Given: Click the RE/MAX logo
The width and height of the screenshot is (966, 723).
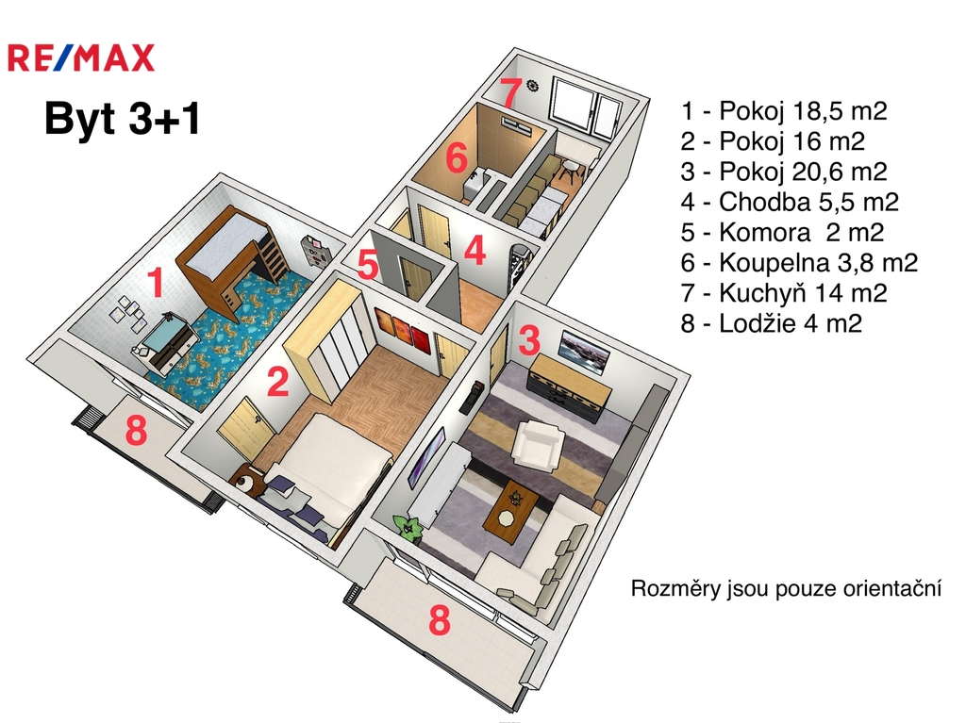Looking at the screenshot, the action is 81,58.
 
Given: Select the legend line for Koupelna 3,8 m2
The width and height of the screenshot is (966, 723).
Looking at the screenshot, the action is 799,263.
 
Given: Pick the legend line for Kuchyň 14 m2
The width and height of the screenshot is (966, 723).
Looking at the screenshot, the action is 784,293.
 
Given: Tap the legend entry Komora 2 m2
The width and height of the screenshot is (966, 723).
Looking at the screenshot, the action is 782,233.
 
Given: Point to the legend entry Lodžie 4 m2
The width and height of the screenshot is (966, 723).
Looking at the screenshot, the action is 771,323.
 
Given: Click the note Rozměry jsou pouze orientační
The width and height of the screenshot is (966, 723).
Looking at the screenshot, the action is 786,589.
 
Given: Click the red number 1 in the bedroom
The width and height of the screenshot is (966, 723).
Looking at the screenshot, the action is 157,283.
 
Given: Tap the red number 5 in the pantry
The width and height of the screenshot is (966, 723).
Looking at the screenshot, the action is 368,266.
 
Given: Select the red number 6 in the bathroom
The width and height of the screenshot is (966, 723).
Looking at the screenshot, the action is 456,158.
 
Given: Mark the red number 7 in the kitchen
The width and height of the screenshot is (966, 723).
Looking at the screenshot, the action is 510,93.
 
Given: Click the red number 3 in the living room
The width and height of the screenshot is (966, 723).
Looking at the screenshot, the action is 530,340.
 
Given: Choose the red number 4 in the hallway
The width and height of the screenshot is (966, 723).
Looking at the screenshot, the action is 475,251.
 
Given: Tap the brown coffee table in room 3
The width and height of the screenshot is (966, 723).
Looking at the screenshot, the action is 510,507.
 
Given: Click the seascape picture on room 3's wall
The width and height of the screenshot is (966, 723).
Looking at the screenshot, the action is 585,352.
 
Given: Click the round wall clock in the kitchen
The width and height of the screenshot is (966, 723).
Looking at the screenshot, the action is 532,87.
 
